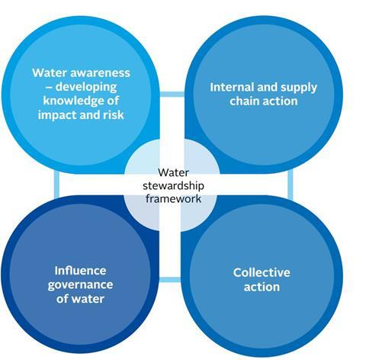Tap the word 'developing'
pyautogui.click(x=86, y=87)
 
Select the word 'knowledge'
pyautogui.click(x=72, y=101)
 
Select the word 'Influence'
pyautogui.click(x=80, y=271)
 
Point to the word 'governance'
pyautogui.click(x=80, y=285)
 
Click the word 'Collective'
pyautogui.click(x=262, y=272)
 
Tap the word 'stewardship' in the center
pyautogui.click(x=173, y=186)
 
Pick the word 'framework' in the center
pyautogui.click(x=173, y=198)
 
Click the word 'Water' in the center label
pyautogui.click(x=173, y=172)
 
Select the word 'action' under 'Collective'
pyautogui.click(x=262, y=287)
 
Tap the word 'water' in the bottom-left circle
pyautogui.click(x=87, y=299)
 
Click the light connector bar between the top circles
pyautogui.click(x=172, y=94)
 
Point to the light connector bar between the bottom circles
pyautogui.click(x=170, y=280)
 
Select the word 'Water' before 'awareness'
pyautogui.click(x=50, y=73)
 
